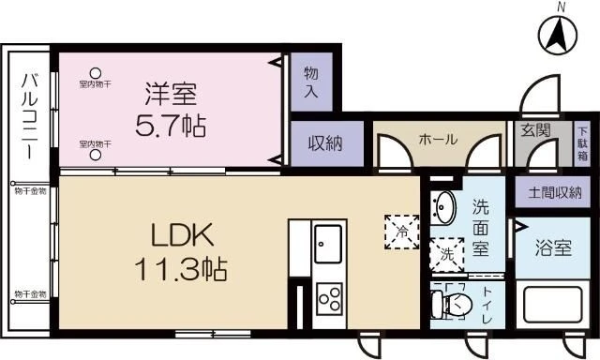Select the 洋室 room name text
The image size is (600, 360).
click(x=172, y=94)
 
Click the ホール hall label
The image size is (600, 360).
click(x=438, y=140)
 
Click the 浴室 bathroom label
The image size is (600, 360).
click(x=552, y=249)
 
